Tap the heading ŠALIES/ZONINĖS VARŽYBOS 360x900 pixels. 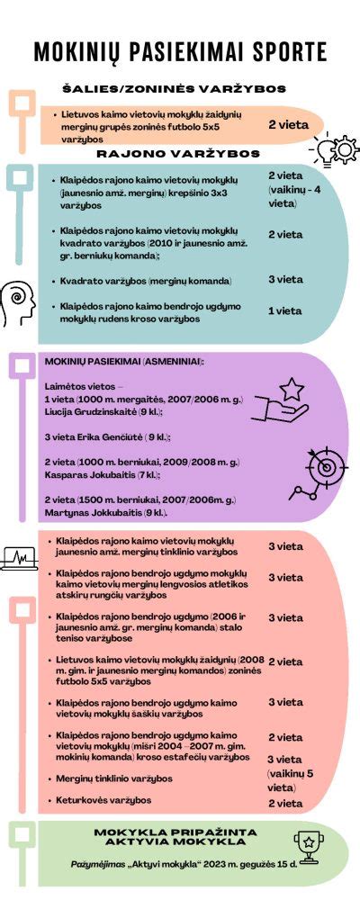174,90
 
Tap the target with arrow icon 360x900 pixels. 320,470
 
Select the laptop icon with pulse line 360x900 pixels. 18,558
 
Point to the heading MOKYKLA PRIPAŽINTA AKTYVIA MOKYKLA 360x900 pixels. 175,836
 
